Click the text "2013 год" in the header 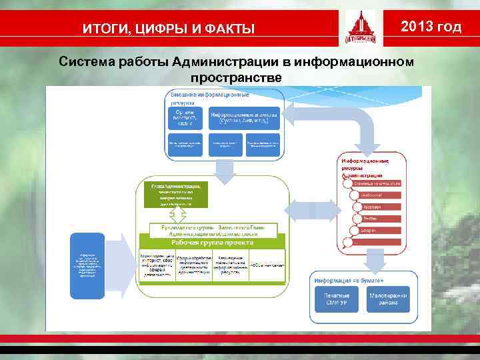[x=430, y=27]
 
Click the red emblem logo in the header [x=360, y=28]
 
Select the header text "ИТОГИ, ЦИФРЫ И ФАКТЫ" [x=168, y=28]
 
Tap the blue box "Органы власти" [x=185, y=118]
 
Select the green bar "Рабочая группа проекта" [x=212, y=243]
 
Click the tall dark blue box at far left [x=87, y=265]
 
